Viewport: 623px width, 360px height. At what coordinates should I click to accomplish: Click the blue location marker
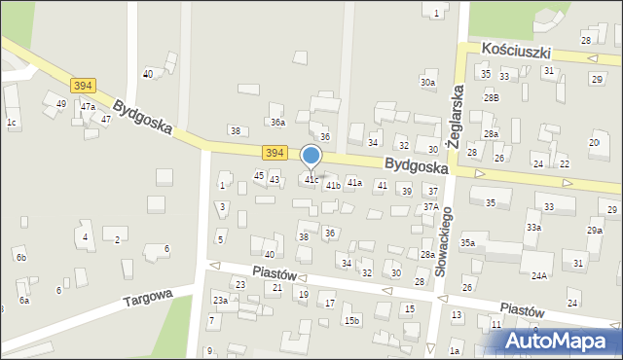[x=311, y=156]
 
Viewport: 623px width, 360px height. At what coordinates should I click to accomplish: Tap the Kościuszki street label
[x=517, y=52]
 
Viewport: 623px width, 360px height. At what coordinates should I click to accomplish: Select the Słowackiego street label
[x=441, y=240]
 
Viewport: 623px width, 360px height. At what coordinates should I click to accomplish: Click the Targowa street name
[x=147, y=297]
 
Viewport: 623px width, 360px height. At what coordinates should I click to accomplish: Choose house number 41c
[x=311, y=179]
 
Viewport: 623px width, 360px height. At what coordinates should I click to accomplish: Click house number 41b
[x=333, y=185]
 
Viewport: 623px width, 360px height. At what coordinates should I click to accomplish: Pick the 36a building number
[x=277, y=122]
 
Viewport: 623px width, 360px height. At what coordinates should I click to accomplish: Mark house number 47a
[x=88, y=106]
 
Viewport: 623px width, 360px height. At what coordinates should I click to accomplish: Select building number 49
[x=60, y=103]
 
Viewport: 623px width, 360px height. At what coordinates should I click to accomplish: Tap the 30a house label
[x=427, y=83]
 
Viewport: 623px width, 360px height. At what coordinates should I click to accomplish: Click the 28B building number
[x=492, y=97]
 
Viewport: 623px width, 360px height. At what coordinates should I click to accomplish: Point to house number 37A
[x=429, y=207]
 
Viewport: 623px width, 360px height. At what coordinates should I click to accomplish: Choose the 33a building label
[x=533, y=228]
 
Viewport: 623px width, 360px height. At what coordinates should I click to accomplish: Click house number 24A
[x=538, y=275]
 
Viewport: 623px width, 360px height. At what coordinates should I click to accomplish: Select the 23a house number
[x=221, y=301]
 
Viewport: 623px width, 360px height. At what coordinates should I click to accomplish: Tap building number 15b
[x=351, y=320]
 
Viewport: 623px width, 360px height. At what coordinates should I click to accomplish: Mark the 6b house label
[x=20, y=257]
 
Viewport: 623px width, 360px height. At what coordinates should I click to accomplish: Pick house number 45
[x=259, y=175]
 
